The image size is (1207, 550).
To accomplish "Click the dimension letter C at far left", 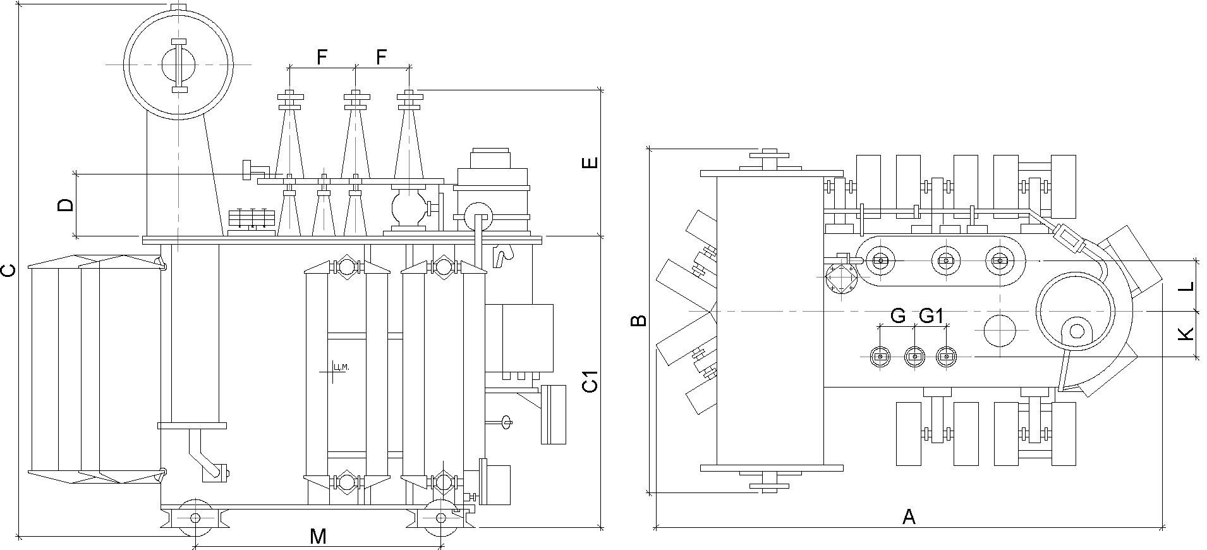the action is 8,271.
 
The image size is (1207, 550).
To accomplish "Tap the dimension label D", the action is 66,205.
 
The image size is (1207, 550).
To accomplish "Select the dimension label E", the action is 590,163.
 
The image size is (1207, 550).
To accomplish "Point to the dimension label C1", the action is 590,382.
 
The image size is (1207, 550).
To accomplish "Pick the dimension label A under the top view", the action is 909,517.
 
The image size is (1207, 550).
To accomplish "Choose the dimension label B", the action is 639,321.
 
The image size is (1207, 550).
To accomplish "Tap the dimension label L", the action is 1188,285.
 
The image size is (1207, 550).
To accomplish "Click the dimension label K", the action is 1188,334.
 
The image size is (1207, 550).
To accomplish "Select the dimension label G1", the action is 931,316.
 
